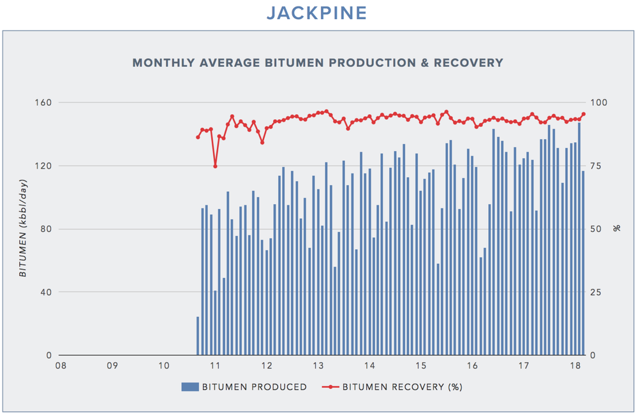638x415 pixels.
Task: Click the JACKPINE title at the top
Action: (x=318, y=13)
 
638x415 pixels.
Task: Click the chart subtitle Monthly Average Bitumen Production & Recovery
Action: (x=318, y=62)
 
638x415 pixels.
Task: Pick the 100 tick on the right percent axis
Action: (x=602, y=103)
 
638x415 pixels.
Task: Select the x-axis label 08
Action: (x=61, y=366)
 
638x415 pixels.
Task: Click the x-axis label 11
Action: (x=215, y=366)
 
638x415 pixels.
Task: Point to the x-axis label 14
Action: (x=369, y=366)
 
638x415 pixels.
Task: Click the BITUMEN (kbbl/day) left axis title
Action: (x=23, y=229)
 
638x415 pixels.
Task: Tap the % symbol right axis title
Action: (x=616, y=228)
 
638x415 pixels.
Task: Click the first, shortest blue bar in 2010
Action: (x=198, y=336)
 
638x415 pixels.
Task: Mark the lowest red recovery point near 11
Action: (x=215, y=166)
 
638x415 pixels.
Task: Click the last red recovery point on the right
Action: (x=583, y=114)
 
